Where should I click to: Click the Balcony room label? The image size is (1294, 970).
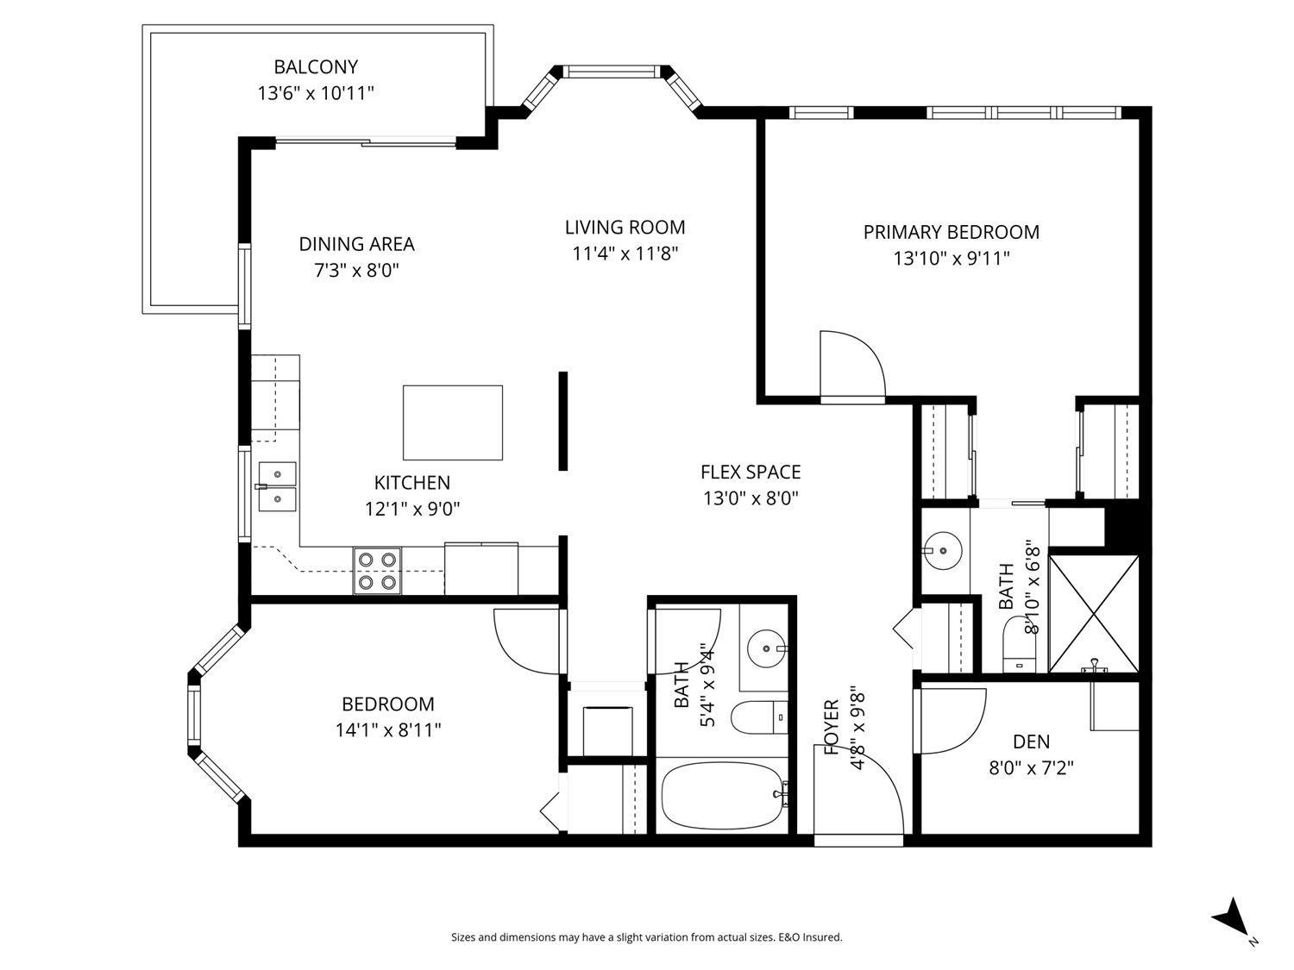(x=316, y=66)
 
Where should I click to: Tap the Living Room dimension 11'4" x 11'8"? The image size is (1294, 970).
(x=625, y=253)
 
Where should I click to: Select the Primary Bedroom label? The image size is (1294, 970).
(x=951, y=232)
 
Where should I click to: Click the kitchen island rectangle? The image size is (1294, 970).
(x=453, y=422)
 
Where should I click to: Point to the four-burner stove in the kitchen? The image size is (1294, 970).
(x=378, y=571)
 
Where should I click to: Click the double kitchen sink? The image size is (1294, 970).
(x=277, y=486)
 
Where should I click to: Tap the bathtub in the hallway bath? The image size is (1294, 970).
(x=723, y=795)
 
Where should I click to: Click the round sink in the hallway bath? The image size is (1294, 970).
(x=765, y=647)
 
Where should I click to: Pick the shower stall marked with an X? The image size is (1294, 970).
(x=1093, y=613)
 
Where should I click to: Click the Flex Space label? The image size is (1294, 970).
(x=750, y=472)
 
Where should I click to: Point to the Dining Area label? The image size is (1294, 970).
(x=356, y=244)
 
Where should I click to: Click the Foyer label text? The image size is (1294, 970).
(x=832, y=727)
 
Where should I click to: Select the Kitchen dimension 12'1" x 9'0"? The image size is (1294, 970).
(x=411, y=509)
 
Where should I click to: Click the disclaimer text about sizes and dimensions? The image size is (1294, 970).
(x=646, y=937)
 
